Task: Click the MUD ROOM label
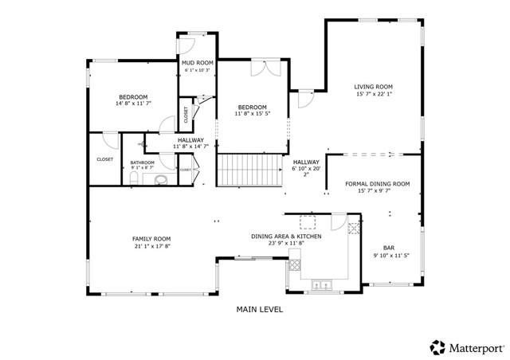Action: pyautogui.click(x=197, y=63)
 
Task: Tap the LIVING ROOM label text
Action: pyautogui.click(x=374, y=88)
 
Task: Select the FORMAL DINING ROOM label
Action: pyautogui.click(x=377, y=184)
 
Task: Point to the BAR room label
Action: pyautogui.click(x=389, y=248)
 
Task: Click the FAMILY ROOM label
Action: pyautogui.click(x=151, y=239)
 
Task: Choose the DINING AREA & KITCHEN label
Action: pyautogui.click(x=286, y=237)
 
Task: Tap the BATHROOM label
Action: pyautogui.click(x=143, y=162)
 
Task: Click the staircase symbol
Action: pyautogui.click(x=250, y=170)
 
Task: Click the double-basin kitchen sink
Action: pyautogui.click(x=322, y=283)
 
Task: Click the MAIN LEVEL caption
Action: pyautogui.click(x=260, y=309)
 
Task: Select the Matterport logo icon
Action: pyautogui.click(x=437, y=347)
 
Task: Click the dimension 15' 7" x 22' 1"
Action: pyautogui.click(x=374, y=96)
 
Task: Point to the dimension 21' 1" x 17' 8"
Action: pyautogui.click(x=151, y=247)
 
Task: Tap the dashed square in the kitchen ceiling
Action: pyautogui.click(x=307, y=221)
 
